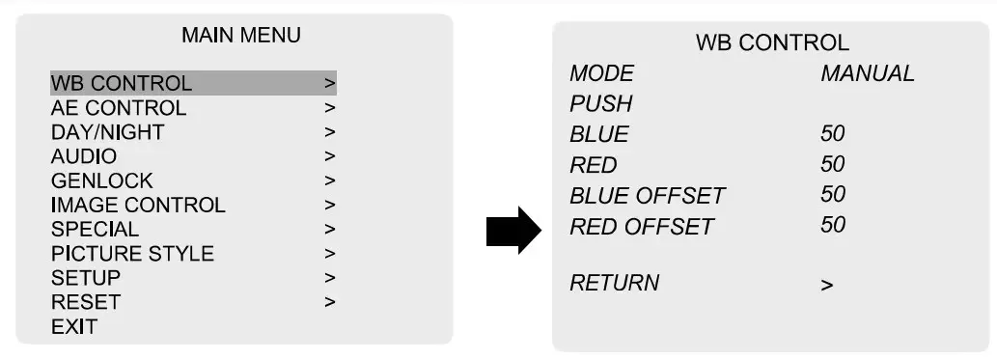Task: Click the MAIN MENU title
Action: point(240,36)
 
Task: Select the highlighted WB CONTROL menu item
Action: point(122,83)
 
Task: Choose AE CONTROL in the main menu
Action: point(118,107)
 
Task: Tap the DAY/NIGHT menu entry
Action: point(107,131)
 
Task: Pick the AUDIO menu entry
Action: point(84,155)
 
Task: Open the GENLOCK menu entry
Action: point(101,180)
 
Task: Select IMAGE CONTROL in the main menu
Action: point(138,205)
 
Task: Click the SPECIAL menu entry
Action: point(95,230)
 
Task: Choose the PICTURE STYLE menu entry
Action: point(132,254)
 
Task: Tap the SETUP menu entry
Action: point(86,278)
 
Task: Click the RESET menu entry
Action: point(86,302)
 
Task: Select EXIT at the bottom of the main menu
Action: point(74,326)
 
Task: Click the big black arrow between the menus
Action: point(513,229)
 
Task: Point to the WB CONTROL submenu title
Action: point(772,42)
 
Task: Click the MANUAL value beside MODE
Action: point(868,73)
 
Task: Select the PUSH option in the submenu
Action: point(600,103)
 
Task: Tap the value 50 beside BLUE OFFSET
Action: point(833,194)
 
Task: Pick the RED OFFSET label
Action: point(642,227)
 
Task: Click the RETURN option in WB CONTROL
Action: point(615,283)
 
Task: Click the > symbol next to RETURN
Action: point(826,286)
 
